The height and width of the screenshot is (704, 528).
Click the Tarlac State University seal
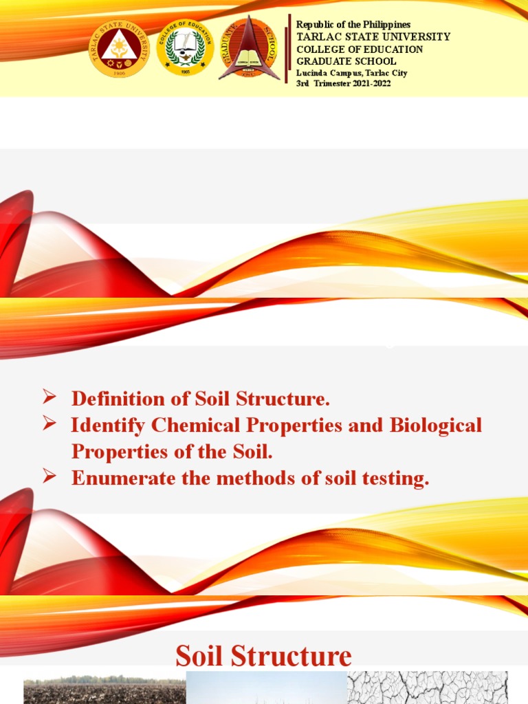pos(119,47)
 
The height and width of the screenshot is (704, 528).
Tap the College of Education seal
pos(185,47)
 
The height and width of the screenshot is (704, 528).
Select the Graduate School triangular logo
pos(249,47)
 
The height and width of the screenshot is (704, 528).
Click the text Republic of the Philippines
pos(353,25)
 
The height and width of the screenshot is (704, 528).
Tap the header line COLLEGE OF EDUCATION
pos(360,49)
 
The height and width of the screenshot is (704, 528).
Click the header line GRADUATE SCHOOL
pos(346,61)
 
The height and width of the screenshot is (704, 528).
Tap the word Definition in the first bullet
pos(115,399)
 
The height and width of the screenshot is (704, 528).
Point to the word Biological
pos(436,426)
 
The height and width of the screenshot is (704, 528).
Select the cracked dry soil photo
pos(427,687)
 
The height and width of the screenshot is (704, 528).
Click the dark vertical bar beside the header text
pos(289,49)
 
